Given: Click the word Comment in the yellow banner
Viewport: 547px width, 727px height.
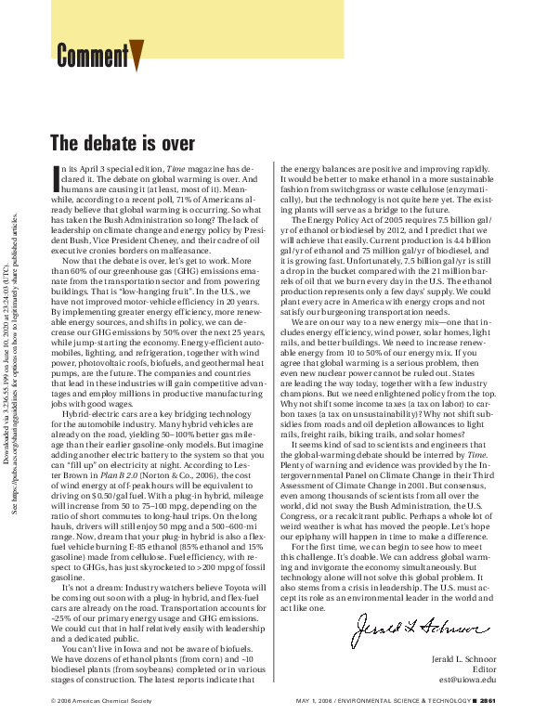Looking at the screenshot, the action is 92,56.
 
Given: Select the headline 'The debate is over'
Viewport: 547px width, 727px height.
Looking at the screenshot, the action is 122,143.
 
